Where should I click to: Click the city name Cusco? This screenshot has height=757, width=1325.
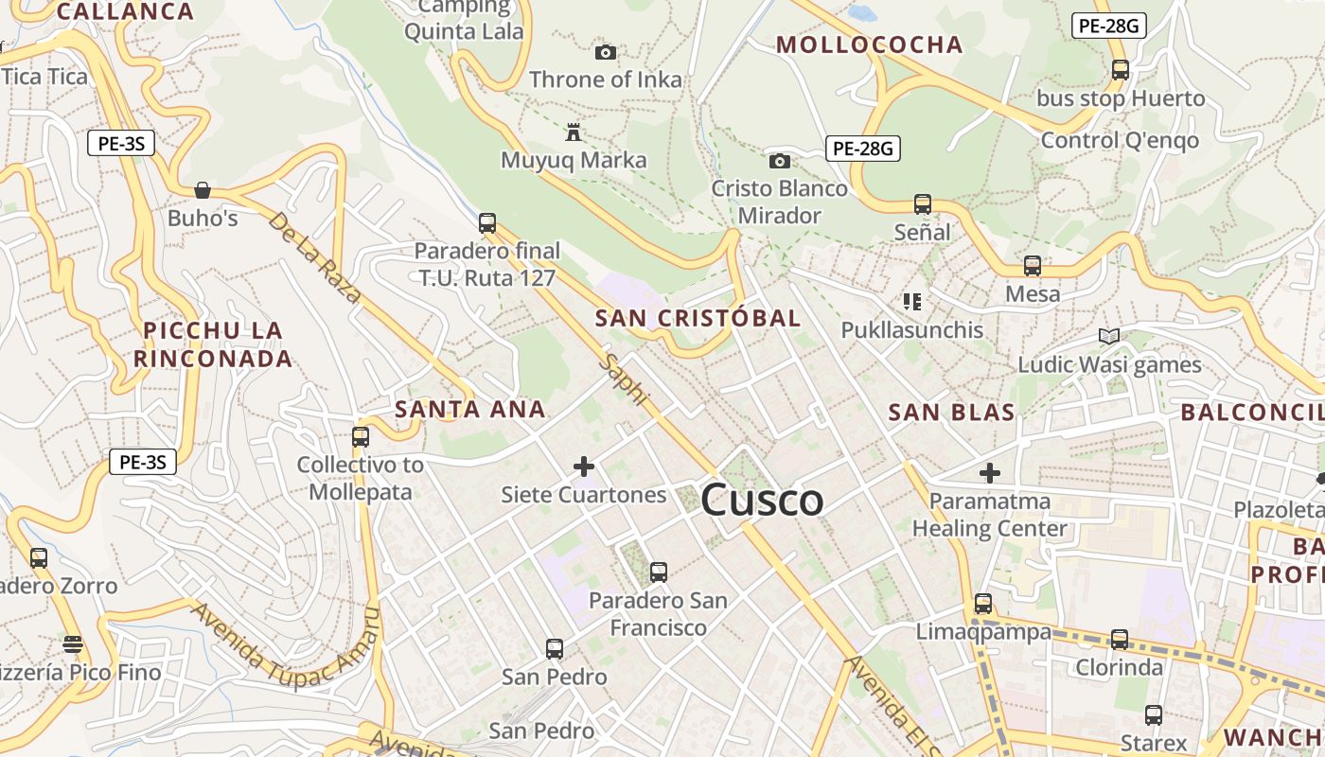762,500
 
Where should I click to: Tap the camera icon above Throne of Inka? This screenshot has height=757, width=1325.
606,52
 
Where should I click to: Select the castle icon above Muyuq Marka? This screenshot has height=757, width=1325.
573,132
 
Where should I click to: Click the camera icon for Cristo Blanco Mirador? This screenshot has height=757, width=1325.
780,161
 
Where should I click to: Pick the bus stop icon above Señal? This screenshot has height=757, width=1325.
923,203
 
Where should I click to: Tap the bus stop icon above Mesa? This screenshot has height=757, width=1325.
1033,266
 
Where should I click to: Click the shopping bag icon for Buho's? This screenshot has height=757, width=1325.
202,190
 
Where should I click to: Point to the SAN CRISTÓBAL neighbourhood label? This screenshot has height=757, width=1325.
698,319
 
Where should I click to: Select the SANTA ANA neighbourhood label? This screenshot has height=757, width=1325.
470,410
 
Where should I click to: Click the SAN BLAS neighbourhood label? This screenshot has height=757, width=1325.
951,413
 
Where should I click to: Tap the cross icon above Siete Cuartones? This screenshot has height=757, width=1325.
584,467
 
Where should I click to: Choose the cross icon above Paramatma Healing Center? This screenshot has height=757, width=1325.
990,472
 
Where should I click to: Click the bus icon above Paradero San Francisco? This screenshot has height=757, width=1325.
659,572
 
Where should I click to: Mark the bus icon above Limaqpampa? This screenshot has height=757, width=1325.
983,603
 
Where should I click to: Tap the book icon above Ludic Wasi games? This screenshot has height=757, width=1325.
1109,336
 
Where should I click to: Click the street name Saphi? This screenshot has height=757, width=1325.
625,379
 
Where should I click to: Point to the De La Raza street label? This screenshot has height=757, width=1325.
314,257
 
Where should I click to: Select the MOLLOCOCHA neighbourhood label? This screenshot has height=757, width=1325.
869,44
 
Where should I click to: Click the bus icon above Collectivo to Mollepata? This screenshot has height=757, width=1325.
361,436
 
